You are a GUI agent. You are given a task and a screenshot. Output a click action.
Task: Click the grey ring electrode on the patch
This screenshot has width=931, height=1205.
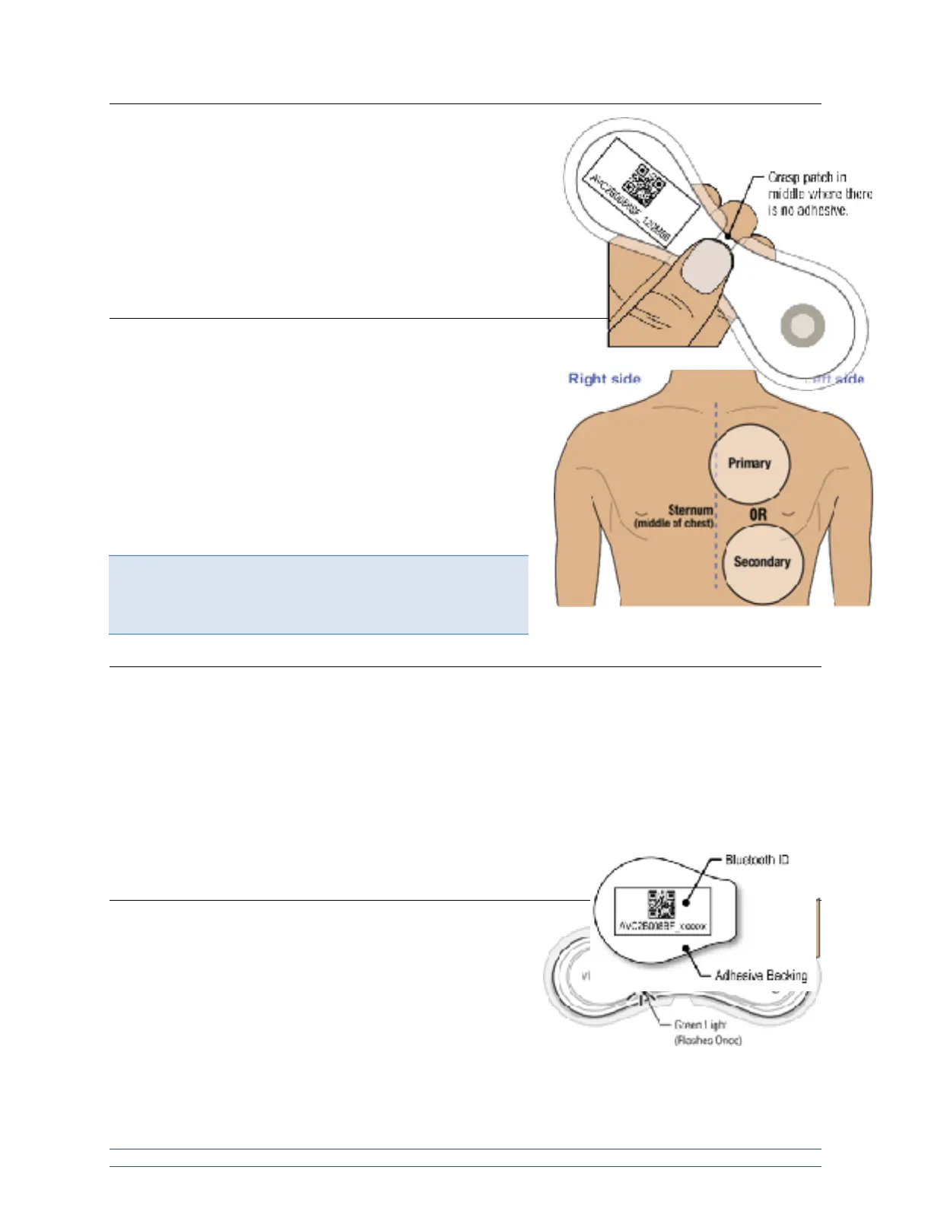click(802, 326)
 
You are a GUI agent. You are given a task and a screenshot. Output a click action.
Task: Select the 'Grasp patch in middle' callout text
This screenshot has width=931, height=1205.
click(819, 194)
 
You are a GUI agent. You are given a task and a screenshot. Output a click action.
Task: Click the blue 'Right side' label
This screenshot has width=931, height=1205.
click(604, 378)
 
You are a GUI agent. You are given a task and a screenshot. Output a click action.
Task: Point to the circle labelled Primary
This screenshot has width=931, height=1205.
click(749, 463)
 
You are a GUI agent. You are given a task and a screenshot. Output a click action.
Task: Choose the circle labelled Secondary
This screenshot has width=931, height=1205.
click(761, 562)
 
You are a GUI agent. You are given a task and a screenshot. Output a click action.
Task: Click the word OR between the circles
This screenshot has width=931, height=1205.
click(758, 514)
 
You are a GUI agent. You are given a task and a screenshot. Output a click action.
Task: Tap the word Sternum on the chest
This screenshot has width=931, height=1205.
click(691, 510)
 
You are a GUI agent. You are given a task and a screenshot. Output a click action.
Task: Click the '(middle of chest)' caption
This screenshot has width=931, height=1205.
click(674, 523)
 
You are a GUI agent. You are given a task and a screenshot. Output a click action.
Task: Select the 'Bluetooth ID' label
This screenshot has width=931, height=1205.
click(756, 860)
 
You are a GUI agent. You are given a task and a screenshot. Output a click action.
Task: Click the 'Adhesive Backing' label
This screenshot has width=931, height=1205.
click(761, 975)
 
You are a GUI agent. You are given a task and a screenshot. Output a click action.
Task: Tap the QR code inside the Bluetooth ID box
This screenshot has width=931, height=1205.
click(661, 904)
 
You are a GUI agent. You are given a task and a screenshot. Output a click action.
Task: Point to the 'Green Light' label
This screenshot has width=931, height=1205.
click(700, 1025)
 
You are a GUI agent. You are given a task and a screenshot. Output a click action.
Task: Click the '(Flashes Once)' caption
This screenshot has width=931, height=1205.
click(707, 1040)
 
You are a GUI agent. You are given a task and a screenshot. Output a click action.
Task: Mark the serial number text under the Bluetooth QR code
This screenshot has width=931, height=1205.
click(663, 927)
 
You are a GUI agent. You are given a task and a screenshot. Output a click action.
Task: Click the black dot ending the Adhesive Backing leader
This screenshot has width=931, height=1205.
click(686, 948)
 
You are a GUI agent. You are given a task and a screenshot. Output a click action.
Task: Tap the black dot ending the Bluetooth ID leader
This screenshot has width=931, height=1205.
click(685, 902)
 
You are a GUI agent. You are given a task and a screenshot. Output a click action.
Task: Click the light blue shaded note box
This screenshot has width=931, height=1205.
click(318, 594)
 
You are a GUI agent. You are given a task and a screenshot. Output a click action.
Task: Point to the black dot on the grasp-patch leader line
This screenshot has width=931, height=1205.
click(728, 237)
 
